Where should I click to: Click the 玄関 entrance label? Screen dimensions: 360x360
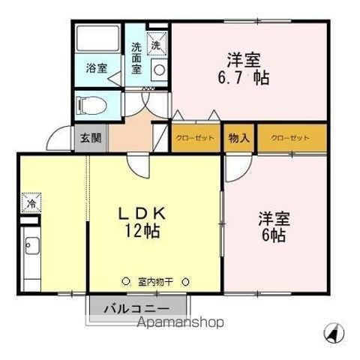(x=91, y=138)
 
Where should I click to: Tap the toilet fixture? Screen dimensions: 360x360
(x=92, y=106)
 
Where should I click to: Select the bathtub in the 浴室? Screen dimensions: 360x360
(x=97, y=38)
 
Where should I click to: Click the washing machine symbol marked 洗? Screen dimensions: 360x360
(x=157, y=43)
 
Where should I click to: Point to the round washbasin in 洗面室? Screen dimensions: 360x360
(x=159, y=70)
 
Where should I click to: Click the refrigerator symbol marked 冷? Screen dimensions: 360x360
(x=31, y=202)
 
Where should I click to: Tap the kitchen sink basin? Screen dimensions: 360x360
(x=31, y=245)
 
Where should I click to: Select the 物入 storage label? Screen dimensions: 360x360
(x=239, y=138)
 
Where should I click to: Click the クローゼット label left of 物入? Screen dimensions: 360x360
(x=195, y=138)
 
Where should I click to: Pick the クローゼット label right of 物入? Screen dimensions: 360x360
(x=290, y=138)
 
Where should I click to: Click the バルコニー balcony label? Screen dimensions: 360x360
(x=136, y=309)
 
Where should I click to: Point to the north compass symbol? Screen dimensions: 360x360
(x=334, y=333)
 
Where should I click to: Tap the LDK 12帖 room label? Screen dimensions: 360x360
(x=142, y=222)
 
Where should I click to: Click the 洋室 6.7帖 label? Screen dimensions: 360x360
(x=244, y=68)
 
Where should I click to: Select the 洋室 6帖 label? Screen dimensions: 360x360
(x=274, y=227)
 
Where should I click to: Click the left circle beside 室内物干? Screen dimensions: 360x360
(x=126, y=281)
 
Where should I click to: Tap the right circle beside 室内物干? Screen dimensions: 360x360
(x=185, y=282)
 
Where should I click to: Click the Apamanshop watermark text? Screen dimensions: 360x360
(x=181, y=322)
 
